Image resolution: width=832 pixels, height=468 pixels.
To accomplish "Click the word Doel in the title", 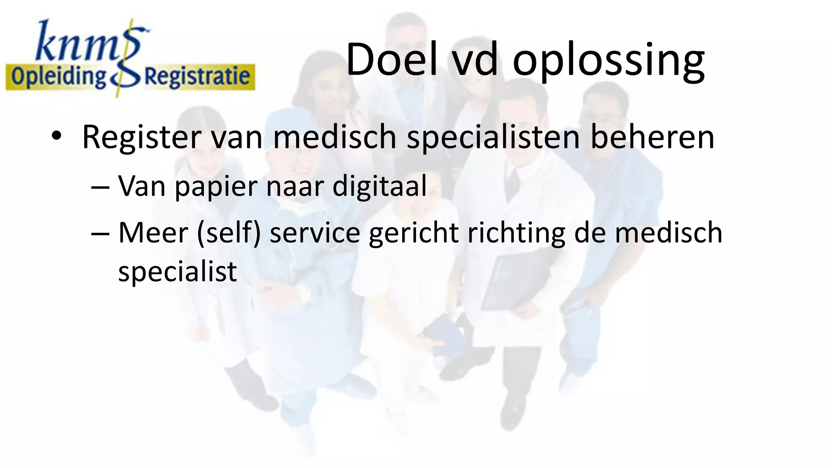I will pos(392,60).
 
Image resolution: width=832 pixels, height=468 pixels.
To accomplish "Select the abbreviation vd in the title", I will pos(475,60).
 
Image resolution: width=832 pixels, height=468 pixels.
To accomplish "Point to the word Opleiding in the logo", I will pos(58,77).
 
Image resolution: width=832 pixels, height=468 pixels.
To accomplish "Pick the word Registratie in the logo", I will pos(197,77).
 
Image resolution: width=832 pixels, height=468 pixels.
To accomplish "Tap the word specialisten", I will pos(493,137).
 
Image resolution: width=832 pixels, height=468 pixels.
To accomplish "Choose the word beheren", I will pos(652,137).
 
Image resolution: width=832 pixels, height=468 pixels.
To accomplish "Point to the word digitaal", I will pos(379,186).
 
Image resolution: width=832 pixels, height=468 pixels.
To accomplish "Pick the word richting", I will pos(516,234).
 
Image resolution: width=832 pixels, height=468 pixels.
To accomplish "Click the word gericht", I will pos(413,234).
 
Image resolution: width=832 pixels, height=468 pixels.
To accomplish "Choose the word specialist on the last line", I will pos(177,271).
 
